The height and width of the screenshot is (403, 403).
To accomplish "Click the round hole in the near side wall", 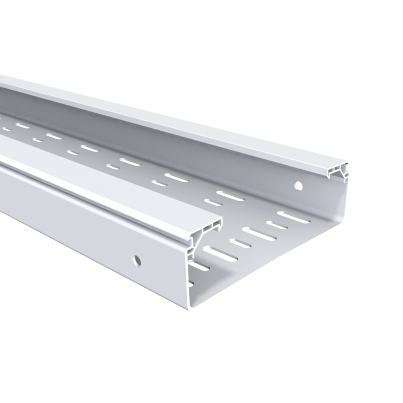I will pos(137,260).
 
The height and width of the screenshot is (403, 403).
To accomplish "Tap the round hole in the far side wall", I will pos(299,186).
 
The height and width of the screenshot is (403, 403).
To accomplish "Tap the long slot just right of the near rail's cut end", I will pos(220,254).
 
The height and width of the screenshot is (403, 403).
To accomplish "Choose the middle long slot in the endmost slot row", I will pos(259,234).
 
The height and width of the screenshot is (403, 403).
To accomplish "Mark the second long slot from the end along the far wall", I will pos(230,196).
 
